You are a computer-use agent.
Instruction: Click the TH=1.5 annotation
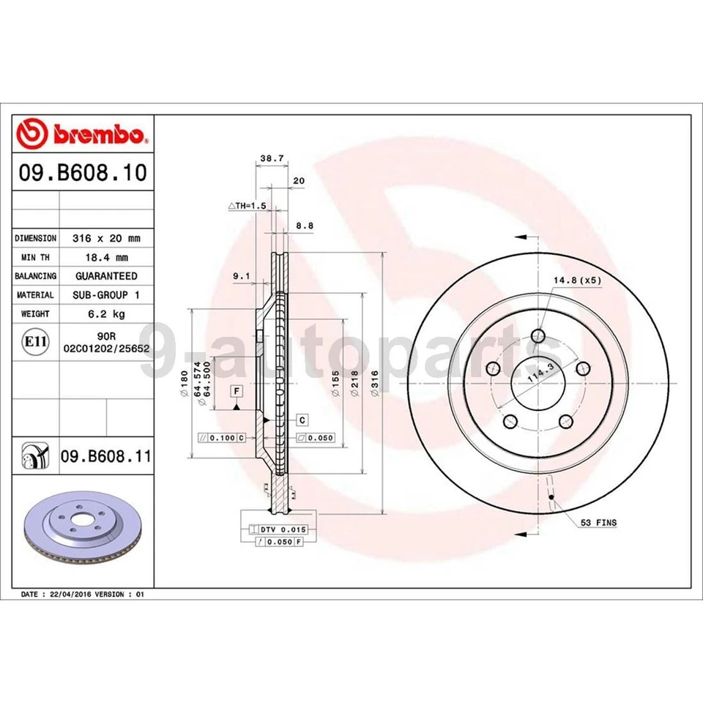tap(247, 207)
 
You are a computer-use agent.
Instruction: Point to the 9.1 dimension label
tap(241, 276)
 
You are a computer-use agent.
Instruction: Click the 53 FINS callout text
tap(598, 523)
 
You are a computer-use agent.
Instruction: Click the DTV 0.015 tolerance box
tap(278, 529)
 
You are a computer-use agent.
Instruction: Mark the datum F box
tap(237, 391)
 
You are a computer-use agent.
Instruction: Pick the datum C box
tap(302, 420)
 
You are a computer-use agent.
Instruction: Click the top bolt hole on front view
tap(539, 336)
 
